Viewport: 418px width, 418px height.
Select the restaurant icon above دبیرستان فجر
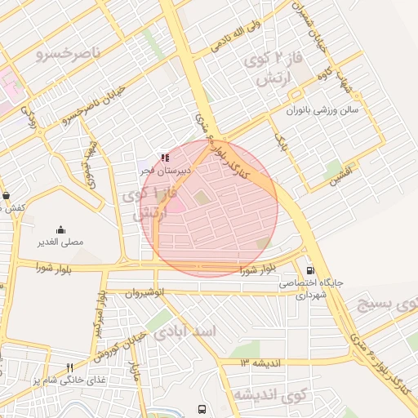coord(166,158)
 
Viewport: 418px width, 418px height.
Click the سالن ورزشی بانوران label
coord(324,109)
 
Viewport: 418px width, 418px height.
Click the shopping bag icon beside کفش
coord(7,196)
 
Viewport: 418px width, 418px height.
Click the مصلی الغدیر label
coord(60,242)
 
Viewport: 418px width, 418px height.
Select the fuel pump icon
coord(309,270)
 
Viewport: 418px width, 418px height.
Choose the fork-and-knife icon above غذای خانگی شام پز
coord(69,367)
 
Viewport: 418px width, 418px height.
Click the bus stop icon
coord(201,408)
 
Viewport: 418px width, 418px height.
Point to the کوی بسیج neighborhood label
coord(388,304)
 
